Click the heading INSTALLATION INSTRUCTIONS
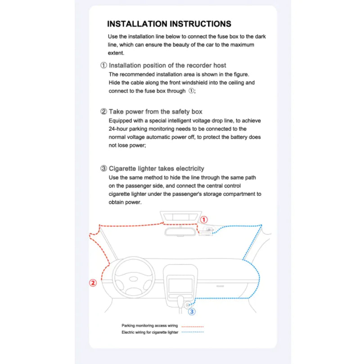(x=169, y=24)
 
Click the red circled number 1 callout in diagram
(x=203, y=220)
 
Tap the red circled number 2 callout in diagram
(x=93, y=283)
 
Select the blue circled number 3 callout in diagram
(x=192, y=311)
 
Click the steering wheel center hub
(x=133, y=278)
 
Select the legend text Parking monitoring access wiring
(x=149, y=325)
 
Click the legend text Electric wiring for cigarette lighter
(x=150, y=332)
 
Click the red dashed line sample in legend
(x=193, y=326)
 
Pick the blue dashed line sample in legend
(x=193, y=332)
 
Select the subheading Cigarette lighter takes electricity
(x=157, y=169)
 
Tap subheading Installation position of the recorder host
(x=167, y=65)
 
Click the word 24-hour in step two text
(x=120, y=129)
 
